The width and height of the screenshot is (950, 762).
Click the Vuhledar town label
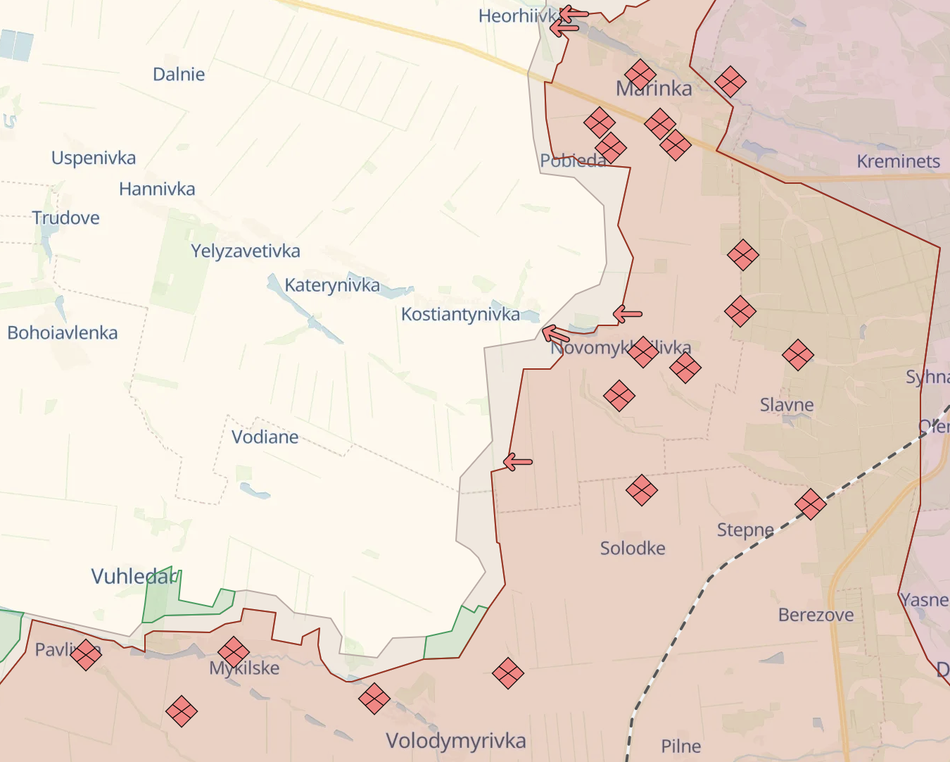[x=134, y=577]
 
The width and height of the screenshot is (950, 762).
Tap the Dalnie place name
[x=179, y=75]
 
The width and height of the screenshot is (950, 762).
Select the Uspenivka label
[x=94, y=158]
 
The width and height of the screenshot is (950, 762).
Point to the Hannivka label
[x=157, y=189]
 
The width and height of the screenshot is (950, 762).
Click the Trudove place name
[x=65, y=218]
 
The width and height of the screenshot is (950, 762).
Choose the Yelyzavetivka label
[x=245, y=251]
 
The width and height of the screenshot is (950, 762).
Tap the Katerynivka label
[x=332, y=285]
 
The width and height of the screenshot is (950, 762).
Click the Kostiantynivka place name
[x=460, y=314]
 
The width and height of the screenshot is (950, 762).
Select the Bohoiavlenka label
[x=63, y=332]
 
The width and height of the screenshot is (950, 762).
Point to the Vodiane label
[x=265, y=437]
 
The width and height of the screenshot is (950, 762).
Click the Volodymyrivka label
[x=455, y=741]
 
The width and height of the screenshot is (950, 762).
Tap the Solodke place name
[x=633, y=548]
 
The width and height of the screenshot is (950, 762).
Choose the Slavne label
[x=787, y=405]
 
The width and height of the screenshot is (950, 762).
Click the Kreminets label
[x=898, y=161]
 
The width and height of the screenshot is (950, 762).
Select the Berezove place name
[x=816, y=615]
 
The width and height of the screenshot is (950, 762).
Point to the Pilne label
[x=680, y=746]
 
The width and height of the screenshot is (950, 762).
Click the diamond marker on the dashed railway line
[x=810, y=504]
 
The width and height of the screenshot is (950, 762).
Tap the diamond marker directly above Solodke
[x=641, y=490]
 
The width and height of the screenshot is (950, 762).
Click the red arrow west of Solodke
[x=518, y=463]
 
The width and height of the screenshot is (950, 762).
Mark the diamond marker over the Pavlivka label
[x=86, y=654]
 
